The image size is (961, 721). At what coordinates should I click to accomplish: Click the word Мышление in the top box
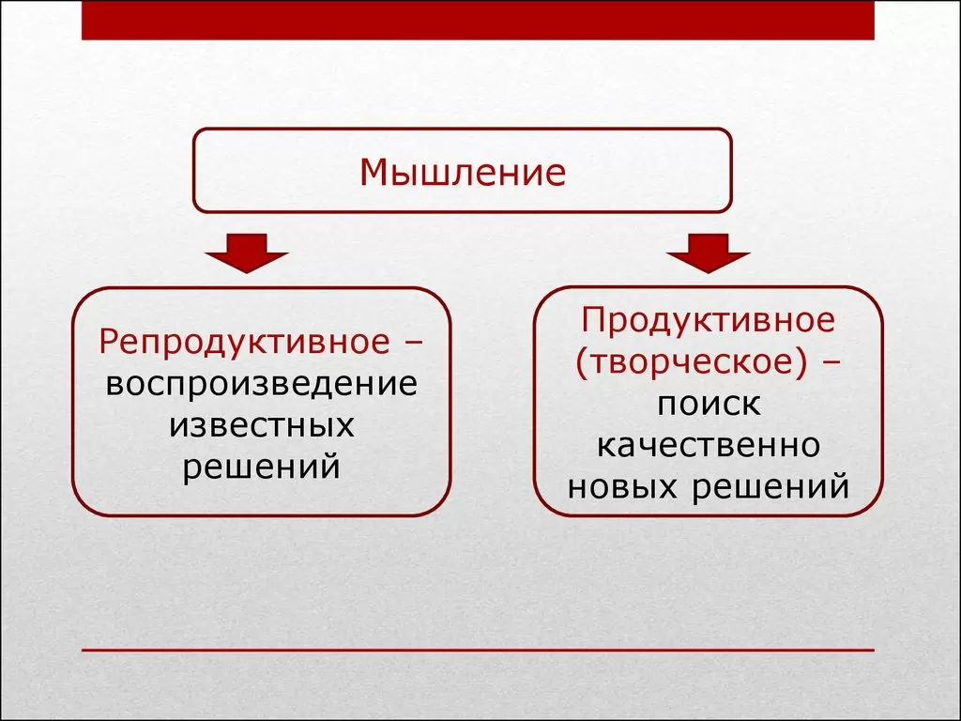pos(463,173)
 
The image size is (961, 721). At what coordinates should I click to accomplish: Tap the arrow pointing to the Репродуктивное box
pos(247,253)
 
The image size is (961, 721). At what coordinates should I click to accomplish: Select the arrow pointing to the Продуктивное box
pos(709,253)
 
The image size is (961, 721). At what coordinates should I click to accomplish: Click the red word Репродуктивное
pos(245,342)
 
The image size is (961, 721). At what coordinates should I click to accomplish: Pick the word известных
pos(262,425)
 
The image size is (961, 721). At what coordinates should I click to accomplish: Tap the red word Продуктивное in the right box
pos(708,321)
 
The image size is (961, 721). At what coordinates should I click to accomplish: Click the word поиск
pos(709,405)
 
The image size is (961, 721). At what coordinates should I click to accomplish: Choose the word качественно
pos(709,446)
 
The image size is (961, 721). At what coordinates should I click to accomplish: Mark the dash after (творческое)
pos(831,361)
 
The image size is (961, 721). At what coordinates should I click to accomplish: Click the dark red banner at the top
pos(478,20)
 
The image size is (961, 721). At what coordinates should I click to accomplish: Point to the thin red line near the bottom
pos(478,650)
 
